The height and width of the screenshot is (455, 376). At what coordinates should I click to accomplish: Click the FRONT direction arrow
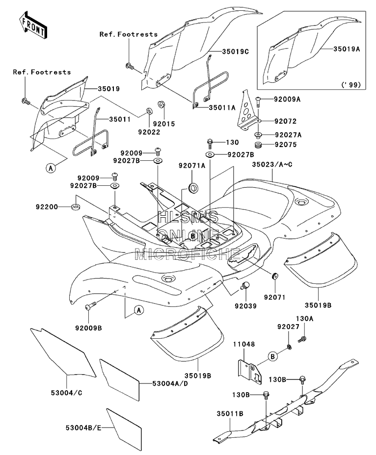33,25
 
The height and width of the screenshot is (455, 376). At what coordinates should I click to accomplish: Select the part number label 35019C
235,51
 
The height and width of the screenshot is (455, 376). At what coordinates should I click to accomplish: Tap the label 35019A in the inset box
347,49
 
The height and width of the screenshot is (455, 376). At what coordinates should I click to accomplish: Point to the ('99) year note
351,85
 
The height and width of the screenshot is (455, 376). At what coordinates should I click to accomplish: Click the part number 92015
164,124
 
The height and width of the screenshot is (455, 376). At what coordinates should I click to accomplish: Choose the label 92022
149,132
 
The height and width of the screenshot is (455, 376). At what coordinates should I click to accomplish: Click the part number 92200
47,207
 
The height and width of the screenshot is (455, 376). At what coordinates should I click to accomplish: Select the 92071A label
192,165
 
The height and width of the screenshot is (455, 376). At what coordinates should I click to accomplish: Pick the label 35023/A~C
272,165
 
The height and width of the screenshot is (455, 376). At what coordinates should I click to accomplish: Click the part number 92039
246,306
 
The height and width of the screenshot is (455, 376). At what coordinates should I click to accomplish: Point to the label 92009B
89,328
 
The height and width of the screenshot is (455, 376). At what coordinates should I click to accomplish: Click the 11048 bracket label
244,344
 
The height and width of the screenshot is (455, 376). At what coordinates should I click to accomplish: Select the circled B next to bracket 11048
272,356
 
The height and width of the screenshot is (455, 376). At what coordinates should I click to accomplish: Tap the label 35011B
230,414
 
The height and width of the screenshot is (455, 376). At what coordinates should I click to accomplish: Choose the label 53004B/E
83,428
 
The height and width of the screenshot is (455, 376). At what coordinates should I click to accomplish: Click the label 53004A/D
170,383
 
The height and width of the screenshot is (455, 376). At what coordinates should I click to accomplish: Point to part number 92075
286,145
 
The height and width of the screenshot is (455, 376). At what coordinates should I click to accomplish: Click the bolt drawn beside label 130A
302,339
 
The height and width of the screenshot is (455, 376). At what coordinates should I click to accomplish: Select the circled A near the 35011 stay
51,168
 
